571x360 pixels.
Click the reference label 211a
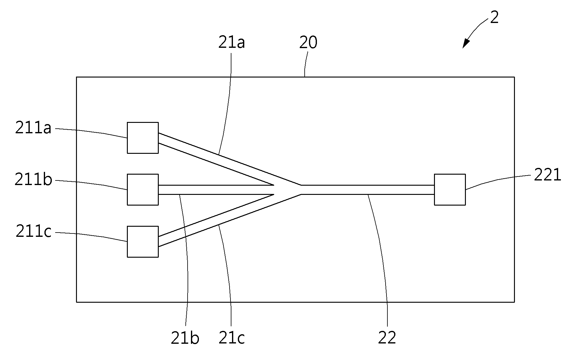pyautogui.click(x=33, y=128)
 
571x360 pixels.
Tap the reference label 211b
pyautogui.click(x=33, y=180)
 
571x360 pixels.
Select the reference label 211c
pyautogui.click(x=33, y=232)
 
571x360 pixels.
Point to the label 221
pyautogui.click(x=547, y=175)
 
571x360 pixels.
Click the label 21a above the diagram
pyautogui.click(x=231, y=43)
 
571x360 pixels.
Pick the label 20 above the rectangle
pyautogui.click(x=308, y=43)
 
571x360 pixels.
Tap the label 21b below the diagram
pyautogui.click(x=185, y=338)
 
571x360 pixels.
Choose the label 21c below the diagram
pyautogui.click(x=231, y=338)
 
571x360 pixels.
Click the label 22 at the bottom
pyautogui.click(x=387, y=338)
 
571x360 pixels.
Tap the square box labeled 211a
pyautogui.click(x=143, y=138)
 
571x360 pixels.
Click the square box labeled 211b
pyautogui.click(x=143, y=190)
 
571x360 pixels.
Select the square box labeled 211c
pyautogui.click(x=143, y=242)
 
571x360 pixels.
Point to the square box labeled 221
pyautogui.click(x=450, y=190)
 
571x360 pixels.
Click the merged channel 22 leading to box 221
pyautogui.click(x=368, y=190)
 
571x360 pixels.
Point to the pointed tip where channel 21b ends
pyautogui.click(x=274, y=185)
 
